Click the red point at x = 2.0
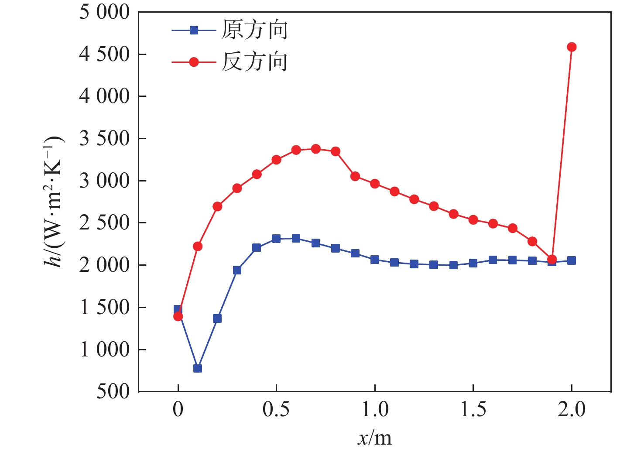pyautogui.click(x=571, y=47)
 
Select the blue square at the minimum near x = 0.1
pyautogui.click(x=198, y=368)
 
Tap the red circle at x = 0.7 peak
pyautogui.click(x=316, y=149)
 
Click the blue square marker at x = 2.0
pyautogui.click(x=571, y=260)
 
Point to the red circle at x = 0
pyautogui.click(x=178, y=316)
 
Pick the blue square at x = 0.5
pyautogui.click(x=276, y=239)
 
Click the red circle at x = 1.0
pyautogui.click(x=375, y=184)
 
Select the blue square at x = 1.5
pyautogui.click(x=473, y=263)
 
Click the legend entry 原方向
pyautogui.click(x=254, y=30)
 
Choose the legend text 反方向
pyautogui.click(x=254, y=62)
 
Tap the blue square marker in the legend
pyautogui.click(x=194, y=30)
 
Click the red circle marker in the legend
pyautogui.click(x=194, y=62)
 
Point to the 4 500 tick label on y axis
pyautogui.click(x=104, y=54)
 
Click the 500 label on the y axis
pyautogui.click(x=113, y=391)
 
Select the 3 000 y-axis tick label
pyautogui.click(x=104, y=181)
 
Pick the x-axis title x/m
pyautogui.click(x=374, y=438)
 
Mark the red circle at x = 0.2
pyautogui.click(x=217, y=206)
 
